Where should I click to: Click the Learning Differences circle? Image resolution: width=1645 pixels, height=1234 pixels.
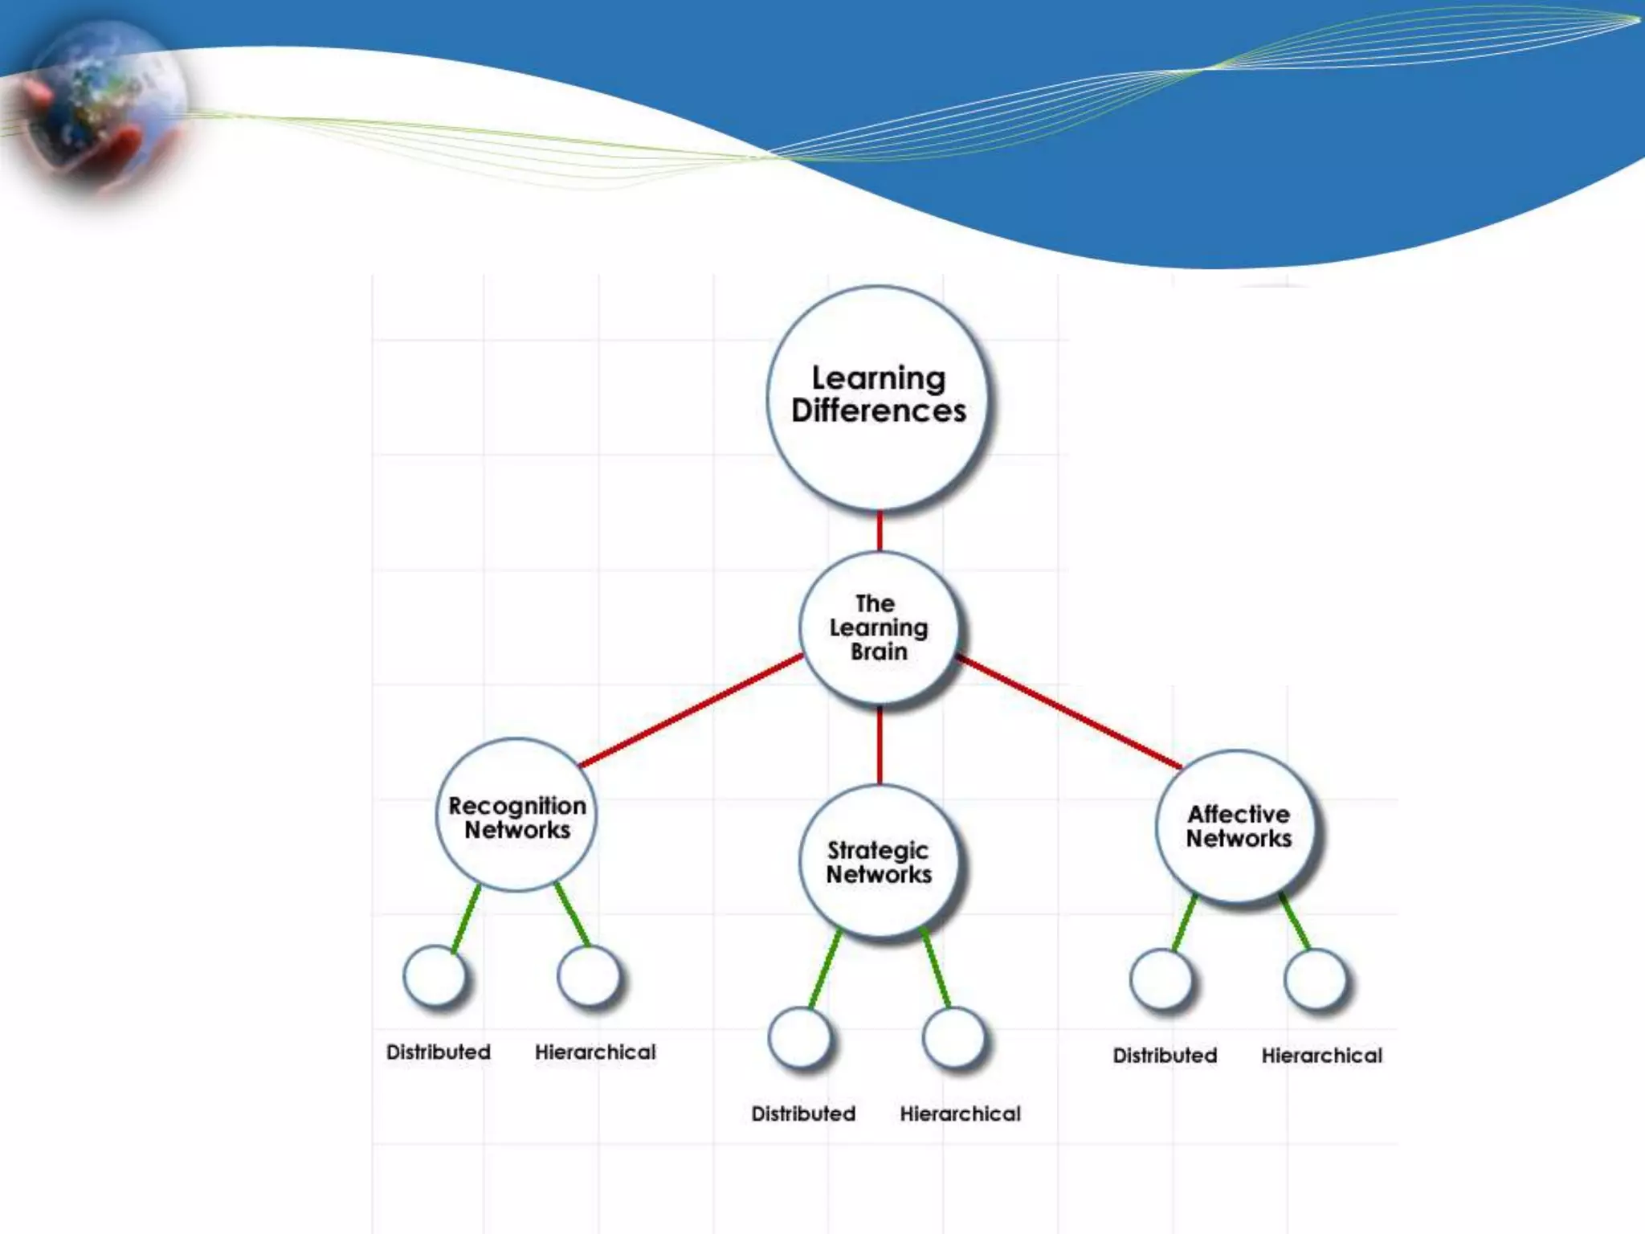(878, 397)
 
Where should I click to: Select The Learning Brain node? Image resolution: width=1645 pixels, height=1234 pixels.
(879, 628)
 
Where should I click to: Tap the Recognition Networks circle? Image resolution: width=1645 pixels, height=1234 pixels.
(516, 815)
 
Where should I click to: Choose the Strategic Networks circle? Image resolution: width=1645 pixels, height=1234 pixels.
(880, 861)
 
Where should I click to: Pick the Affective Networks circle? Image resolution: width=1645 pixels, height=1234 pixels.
(1238, 826)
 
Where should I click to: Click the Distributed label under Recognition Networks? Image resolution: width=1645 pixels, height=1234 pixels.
(438, 1052)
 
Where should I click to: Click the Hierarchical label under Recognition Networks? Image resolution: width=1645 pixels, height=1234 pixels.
(595, 1052)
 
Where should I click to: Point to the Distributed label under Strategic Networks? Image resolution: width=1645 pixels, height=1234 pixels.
(803, 1113)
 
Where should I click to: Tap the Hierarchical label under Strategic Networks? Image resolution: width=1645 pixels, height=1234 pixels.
(960, 1113)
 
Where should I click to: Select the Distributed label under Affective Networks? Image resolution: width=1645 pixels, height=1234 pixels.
(1165, 1055)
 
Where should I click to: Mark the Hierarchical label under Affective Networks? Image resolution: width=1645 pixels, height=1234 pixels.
(1321, 1055)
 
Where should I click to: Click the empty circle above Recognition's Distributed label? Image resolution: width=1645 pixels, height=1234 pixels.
(435, 976)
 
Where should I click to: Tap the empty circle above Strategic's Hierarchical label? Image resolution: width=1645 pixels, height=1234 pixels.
(953, 1037)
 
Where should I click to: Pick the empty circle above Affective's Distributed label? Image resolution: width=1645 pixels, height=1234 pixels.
(1161, 979)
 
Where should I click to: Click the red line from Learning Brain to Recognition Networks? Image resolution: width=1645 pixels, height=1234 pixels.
(691, 710)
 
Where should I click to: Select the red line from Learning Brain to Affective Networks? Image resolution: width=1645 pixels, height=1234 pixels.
(1068, 712)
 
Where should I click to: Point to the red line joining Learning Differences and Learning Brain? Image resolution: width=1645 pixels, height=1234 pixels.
(880, 531)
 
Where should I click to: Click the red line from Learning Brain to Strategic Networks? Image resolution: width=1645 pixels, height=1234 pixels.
(880, 746)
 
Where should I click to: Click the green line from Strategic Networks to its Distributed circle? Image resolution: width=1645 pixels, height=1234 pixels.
(825, 968)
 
